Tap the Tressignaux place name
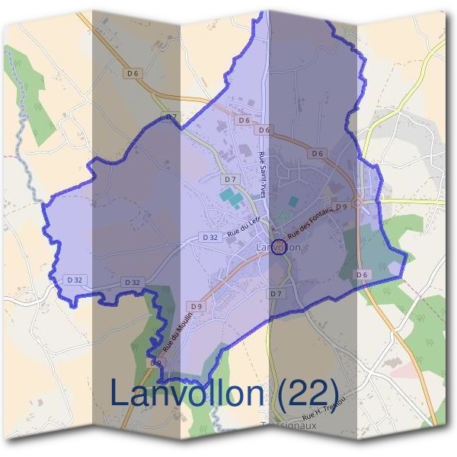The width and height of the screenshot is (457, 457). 288,426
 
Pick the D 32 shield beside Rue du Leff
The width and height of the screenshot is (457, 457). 211,238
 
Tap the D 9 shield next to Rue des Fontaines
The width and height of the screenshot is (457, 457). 341,206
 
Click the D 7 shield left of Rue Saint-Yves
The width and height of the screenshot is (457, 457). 229,179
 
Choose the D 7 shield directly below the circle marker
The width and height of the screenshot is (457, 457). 276,293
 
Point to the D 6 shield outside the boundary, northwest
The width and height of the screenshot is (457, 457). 133,73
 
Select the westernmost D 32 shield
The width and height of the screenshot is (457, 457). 74,280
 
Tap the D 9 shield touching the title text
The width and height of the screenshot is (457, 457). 155,363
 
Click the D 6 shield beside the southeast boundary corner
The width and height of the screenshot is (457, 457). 362,274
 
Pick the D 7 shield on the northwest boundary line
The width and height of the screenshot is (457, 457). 171,117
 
